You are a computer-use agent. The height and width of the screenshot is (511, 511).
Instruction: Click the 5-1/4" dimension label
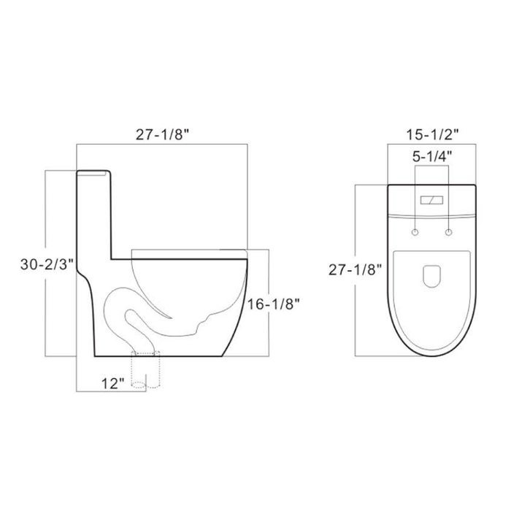(x=430, y=155)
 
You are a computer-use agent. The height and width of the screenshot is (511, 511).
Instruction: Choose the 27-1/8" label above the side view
(x=163, y=134)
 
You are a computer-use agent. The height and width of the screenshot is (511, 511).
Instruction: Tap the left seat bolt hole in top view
(x=415, y=233)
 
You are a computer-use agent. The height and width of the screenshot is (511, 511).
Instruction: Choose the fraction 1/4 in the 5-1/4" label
(x=438, y=155)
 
